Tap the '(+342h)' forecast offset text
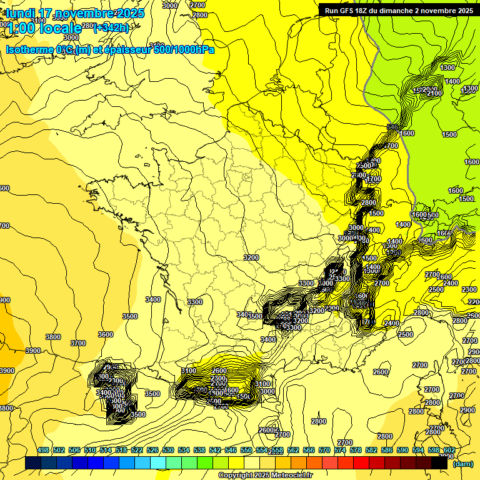pyautogui.click(x=111, y=27)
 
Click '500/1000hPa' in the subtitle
pyautogui.click(x=183, y=49)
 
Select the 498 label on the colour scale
pyautogui.click(x=43, y=450)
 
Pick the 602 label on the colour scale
pyautogui.click(x=449, y=450)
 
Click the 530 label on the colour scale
pyautogui.click(x=168, y=450)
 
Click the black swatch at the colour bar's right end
pyautogui.click(x=439, y=463)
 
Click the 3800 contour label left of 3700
pyautogui.click(x=53, y=337)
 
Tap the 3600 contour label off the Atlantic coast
pyautogui.click(x=106, y=334)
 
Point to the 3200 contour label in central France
pyautogui.click(x=251, y=257)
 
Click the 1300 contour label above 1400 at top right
pyautogui.click(x=447, y=67)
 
